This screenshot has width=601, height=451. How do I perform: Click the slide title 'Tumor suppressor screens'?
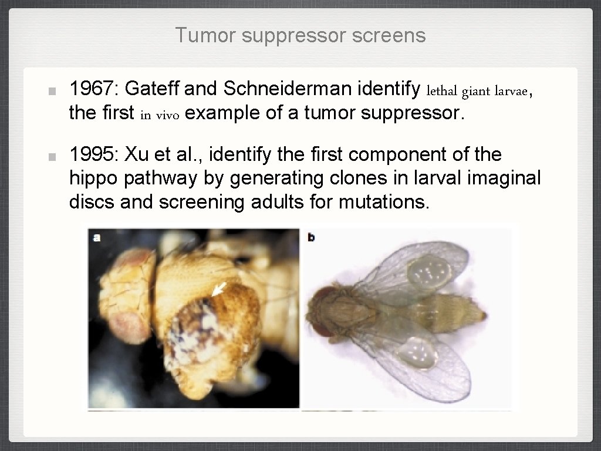click(300, 36)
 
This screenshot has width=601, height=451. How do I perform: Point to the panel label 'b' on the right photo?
click(310, 238)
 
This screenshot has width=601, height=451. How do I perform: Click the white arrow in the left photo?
click(219, 288)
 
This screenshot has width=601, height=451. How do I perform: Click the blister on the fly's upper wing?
click(430, 271)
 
